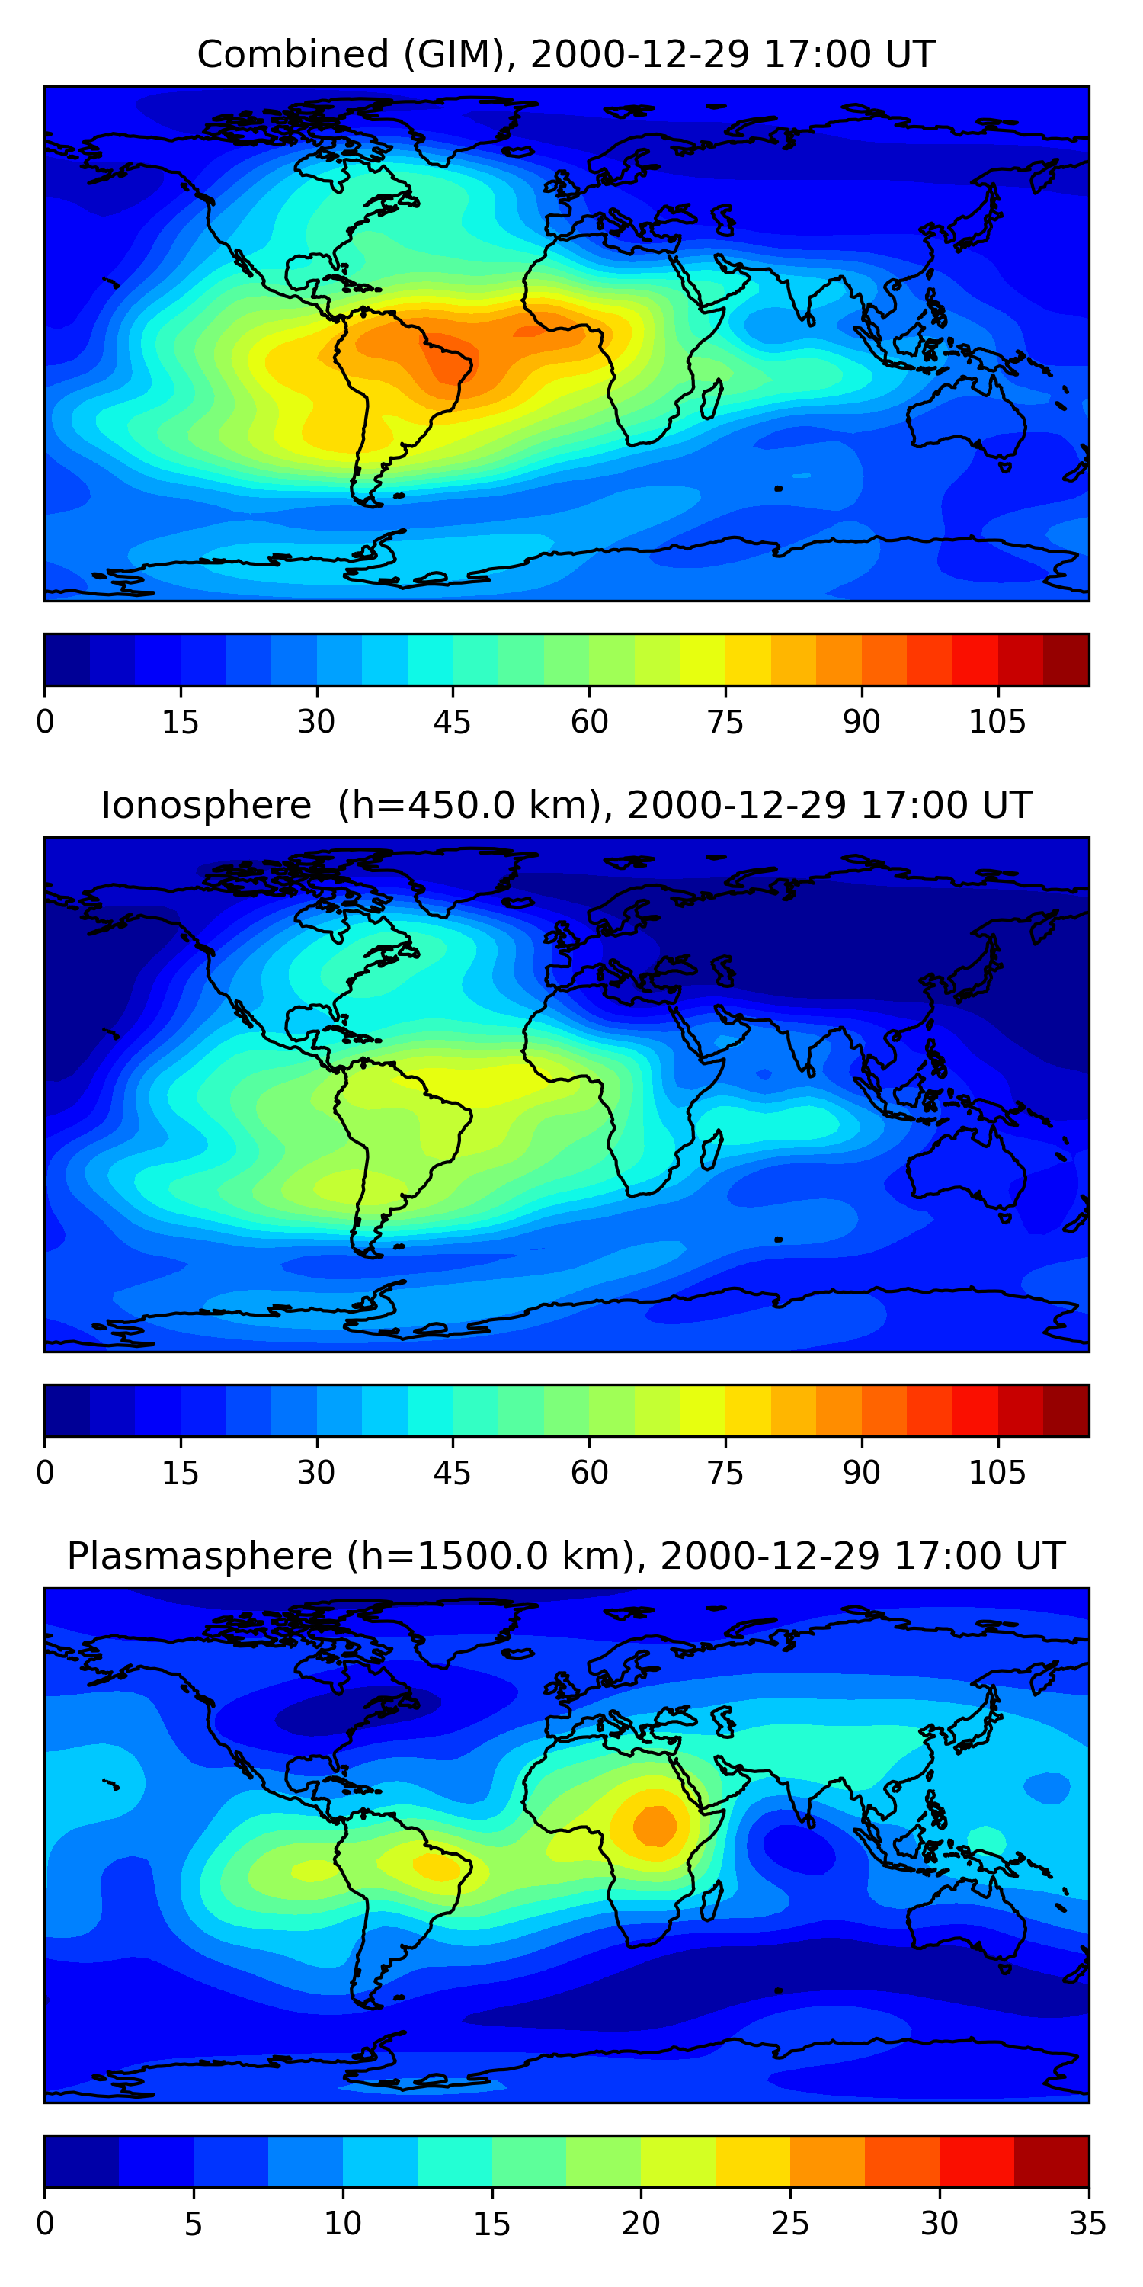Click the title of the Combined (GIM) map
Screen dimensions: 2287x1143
click(565, 55)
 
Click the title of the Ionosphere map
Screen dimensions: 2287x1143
click(565, 805)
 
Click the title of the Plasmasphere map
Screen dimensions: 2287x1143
click(565, 1557)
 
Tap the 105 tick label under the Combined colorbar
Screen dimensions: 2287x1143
click(997, 722)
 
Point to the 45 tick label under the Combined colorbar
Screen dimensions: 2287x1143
click(452, 722)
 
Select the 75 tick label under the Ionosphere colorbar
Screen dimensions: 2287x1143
click(724, 1473)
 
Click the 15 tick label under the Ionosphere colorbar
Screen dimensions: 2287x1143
click(180, 1473)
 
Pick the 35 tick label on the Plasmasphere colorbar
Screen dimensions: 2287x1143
click(1087, 2223)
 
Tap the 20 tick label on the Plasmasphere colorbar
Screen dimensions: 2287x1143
click(641, 2223)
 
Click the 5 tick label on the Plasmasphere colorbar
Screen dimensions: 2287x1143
click(194, 2223)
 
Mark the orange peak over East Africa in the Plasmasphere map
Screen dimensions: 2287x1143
click(655, 1824)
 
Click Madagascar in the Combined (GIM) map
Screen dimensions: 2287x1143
click(712, 399)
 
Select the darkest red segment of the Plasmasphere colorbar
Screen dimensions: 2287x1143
click(1051, 2161)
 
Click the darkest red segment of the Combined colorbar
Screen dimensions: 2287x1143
click(1066, 659)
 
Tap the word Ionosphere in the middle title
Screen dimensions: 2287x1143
click(206, 805)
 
